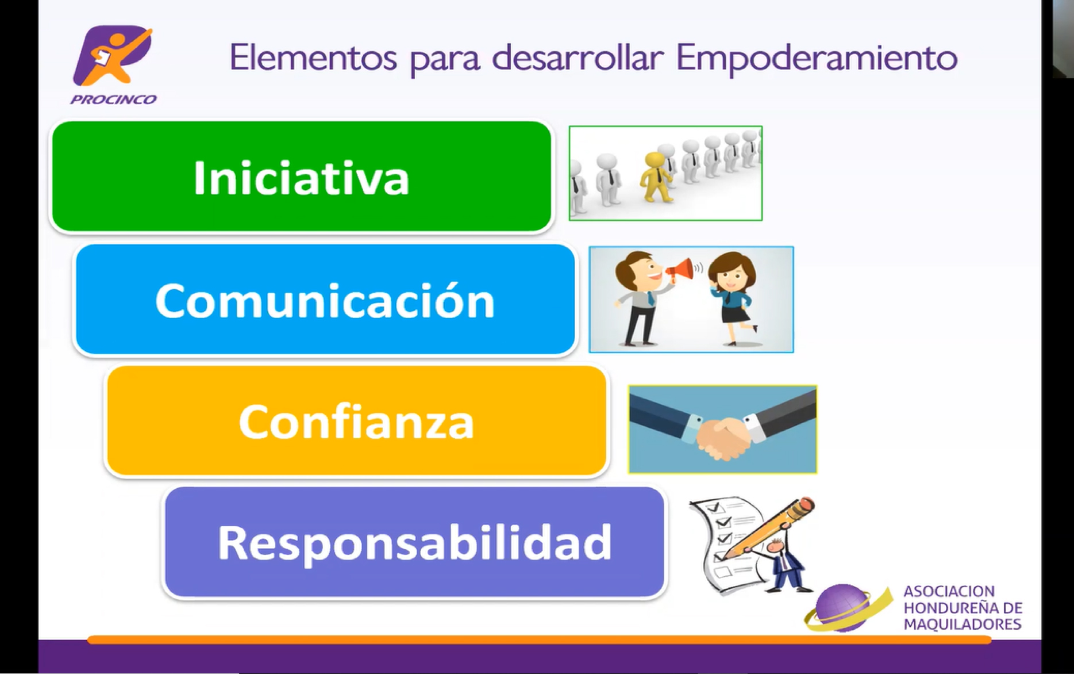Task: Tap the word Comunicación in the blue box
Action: (x=325, y=300)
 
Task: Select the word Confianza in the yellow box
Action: (x=356, y=422)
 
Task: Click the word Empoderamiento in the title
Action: (x=817, y=58)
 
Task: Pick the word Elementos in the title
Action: (x=313, y=58)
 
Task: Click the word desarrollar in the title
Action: (x=578, y=58)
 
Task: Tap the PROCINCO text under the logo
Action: (x=113, y=99)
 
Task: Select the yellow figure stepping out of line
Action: (x=656, y=177)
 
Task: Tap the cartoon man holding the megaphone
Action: (x=639, y=298)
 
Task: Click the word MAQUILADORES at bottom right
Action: (x=963, y=625)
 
